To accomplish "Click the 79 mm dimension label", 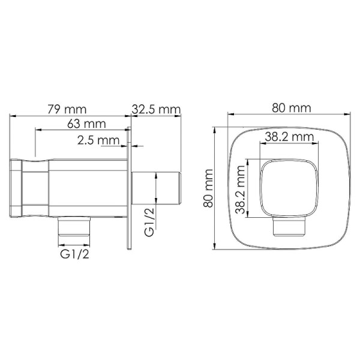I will click(67, 109).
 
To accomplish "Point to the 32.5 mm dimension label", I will click(155, 109).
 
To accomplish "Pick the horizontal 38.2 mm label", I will click(290, 137).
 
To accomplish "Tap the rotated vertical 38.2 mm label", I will click(240, 188).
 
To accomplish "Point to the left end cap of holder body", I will click(17, 188).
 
